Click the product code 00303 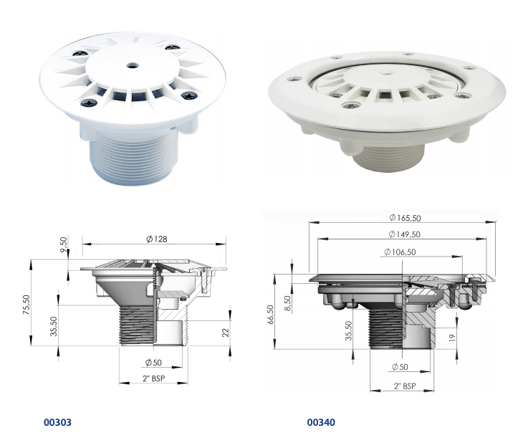(x=57, y=422)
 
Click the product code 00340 (x=321, y=422)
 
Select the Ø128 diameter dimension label (x=157, y=239)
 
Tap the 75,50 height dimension (x=27, y=305)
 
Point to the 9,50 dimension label (x=64, y=244)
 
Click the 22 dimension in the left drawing (x=226, y=333)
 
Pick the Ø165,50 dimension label (x=405, y=218)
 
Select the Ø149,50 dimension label (x=404, y=234)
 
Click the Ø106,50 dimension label (x=400, y=252)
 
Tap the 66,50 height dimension (x=271, y=314)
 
